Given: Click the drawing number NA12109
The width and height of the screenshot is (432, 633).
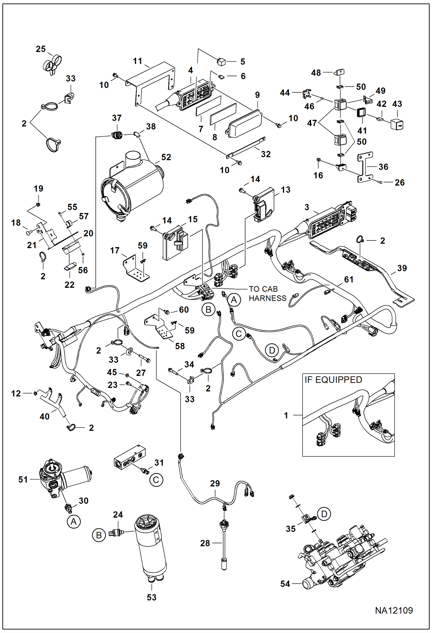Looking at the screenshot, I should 394,610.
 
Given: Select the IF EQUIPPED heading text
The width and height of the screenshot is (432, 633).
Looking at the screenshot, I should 333,380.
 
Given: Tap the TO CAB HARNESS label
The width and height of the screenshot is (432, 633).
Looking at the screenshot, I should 267,294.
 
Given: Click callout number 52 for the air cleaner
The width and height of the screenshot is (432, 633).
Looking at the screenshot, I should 166,157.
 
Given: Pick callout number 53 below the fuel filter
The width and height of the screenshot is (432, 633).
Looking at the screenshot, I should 151,597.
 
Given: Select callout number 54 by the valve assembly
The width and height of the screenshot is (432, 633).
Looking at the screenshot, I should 285,584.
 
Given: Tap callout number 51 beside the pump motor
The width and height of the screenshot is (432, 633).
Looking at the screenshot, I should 23,479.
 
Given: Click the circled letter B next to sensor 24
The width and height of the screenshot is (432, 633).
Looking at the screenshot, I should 99,535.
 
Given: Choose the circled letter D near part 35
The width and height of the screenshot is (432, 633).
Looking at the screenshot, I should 324,514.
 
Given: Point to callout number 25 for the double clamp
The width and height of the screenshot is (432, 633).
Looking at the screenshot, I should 41,49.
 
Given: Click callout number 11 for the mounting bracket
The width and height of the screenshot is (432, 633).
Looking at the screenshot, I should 138,61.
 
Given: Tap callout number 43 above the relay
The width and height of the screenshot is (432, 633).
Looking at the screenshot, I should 397,104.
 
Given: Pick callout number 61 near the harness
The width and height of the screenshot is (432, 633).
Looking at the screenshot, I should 349,279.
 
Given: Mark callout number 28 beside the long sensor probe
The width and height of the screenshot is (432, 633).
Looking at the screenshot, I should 205,543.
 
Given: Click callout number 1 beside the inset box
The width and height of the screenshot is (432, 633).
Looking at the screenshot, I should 286,415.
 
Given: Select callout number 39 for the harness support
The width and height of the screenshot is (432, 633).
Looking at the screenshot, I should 402,268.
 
